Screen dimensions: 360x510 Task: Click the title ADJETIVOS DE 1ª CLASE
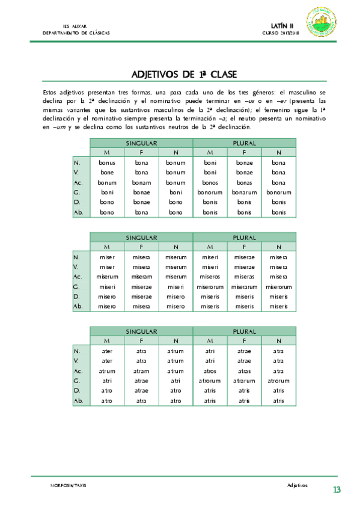coord(184,75)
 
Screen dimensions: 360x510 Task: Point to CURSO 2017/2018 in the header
coord(279,33)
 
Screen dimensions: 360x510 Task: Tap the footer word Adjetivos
coord(297,485)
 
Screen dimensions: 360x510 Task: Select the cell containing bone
coord(107,172)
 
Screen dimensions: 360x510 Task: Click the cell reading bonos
coord(210,182)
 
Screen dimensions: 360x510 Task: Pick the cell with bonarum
coord(244,192)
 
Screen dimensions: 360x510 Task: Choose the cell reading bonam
coord(141,182)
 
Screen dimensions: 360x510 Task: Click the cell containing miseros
coord(210,277)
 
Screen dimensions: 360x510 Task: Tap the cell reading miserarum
coord(244,287)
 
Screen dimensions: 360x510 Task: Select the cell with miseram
coord(141,277)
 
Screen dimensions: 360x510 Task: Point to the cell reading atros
coord(210,371)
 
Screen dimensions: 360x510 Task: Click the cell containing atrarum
coord(244,381)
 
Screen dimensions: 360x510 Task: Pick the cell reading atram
coord(141,371)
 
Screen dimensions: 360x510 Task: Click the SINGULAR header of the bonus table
coord(141,143)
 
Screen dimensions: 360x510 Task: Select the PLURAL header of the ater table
coord(244,331)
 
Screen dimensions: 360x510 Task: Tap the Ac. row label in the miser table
coord(78,277)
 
